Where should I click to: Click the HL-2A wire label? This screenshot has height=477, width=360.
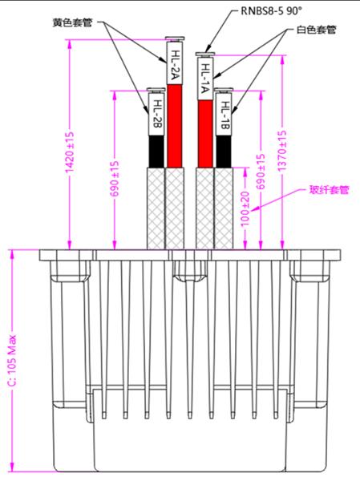click(175, 63)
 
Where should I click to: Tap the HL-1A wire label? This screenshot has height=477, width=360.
click(205, 79)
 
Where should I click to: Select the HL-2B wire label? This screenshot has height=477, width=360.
click(156, 114)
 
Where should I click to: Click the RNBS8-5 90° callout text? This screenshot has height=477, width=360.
click(272, 11)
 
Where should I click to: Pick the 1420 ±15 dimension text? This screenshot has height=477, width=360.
click(70, 152)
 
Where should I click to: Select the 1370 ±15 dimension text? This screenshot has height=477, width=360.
click(282, 151)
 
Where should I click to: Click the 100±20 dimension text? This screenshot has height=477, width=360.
click(245, 208)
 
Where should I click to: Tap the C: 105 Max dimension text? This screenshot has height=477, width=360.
click(13, 361)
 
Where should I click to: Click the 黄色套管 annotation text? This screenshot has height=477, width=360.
click(72, 22)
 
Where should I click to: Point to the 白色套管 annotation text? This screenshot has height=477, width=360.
click(317, 30)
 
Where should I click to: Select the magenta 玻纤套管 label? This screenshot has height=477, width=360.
click(329, 190)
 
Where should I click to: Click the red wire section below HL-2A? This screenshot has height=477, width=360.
click(175, 126)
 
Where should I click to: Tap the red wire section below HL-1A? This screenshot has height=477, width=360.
click(205, 134)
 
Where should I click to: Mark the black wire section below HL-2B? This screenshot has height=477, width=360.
click(156, 152)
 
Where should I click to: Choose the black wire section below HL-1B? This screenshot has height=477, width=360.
click(224, 152)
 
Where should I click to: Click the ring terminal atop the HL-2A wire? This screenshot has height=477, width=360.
click(175, 39)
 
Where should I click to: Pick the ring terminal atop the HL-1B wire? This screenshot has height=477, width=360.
click(224, 90)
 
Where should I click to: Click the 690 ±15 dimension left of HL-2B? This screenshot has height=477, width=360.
click(115, 179)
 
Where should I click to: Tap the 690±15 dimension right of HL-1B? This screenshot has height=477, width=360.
click(261, 172)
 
